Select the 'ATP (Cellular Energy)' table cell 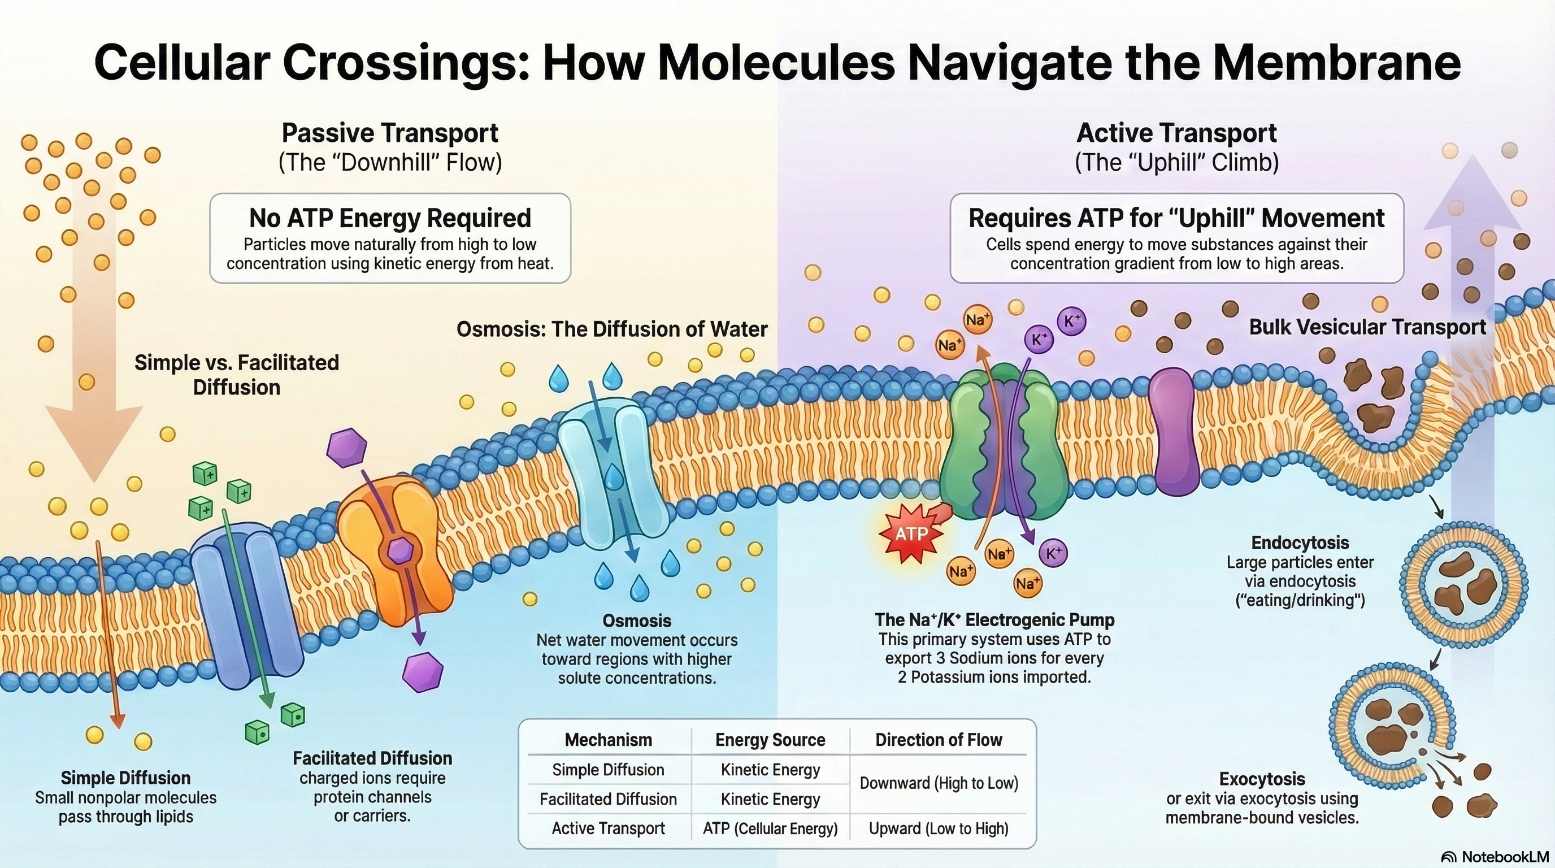(770, 829)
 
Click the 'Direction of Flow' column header (939, 740)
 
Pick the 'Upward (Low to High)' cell (939, 829)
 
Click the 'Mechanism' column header (608, 740)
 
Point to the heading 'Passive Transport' (390, 133)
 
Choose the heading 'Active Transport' (1176, 133)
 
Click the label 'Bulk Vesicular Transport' (1367, 327)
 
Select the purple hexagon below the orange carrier (423, 671)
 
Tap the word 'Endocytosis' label (1300, 542)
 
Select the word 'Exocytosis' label (1262, 779)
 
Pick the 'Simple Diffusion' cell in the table (608, 770)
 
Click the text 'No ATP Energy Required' (390, 219)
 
